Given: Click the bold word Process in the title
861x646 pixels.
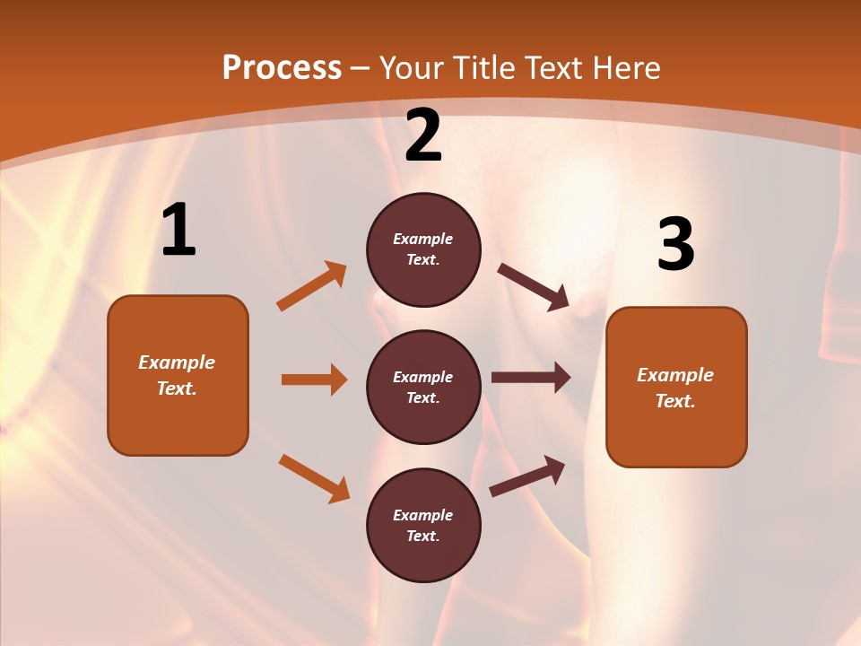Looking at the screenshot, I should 282,68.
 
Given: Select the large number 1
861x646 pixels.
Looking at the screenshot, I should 178,231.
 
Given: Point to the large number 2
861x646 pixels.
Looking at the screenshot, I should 423,135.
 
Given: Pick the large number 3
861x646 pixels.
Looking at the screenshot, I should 675,245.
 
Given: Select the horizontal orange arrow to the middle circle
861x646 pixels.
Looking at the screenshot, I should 314,380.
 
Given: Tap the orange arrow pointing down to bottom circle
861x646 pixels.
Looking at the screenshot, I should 314,478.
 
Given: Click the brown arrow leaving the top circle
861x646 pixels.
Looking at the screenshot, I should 533,287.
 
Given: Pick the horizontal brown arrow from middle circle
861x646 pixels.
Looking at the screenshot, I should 531,378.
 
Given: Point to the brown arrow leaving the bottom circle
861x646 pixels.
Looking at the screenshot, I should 527,476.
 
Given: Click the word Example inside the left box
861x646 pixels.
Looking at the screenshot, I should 177,362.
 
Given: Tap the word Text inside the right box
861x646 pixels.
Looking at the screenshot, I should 675,401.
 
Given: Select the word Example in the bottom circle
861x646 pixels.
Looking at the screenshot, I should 423,515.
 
